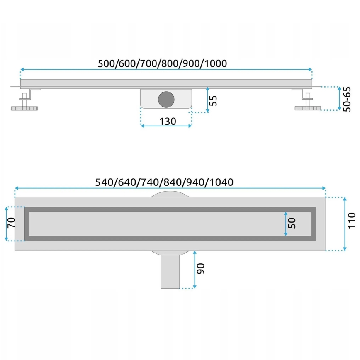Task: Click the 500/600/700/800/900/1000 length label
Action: [x=163, y=63]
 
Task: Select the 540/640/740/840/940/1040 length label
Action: [x=165, y=182]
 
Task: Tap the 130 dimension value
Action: [x=168, y=121]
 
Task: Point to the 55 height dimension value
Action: [x=213, y=100]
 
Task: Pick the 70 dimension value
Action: [x=11, y=223]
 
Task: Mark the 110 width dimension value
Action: [x=351, y=221]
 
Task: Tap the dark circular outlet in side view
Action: [x=166, y=99]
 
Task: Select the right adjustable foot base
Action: [x=307, y=109]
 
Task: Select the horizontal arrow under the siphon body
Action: [x=166, y=126]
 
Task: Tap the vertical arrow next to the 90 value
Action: [x=194, y=270]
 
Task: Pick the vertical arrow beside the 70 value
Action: [x=6, y=224]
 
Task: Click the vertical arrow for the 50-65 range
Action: [x=338, y=99]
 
